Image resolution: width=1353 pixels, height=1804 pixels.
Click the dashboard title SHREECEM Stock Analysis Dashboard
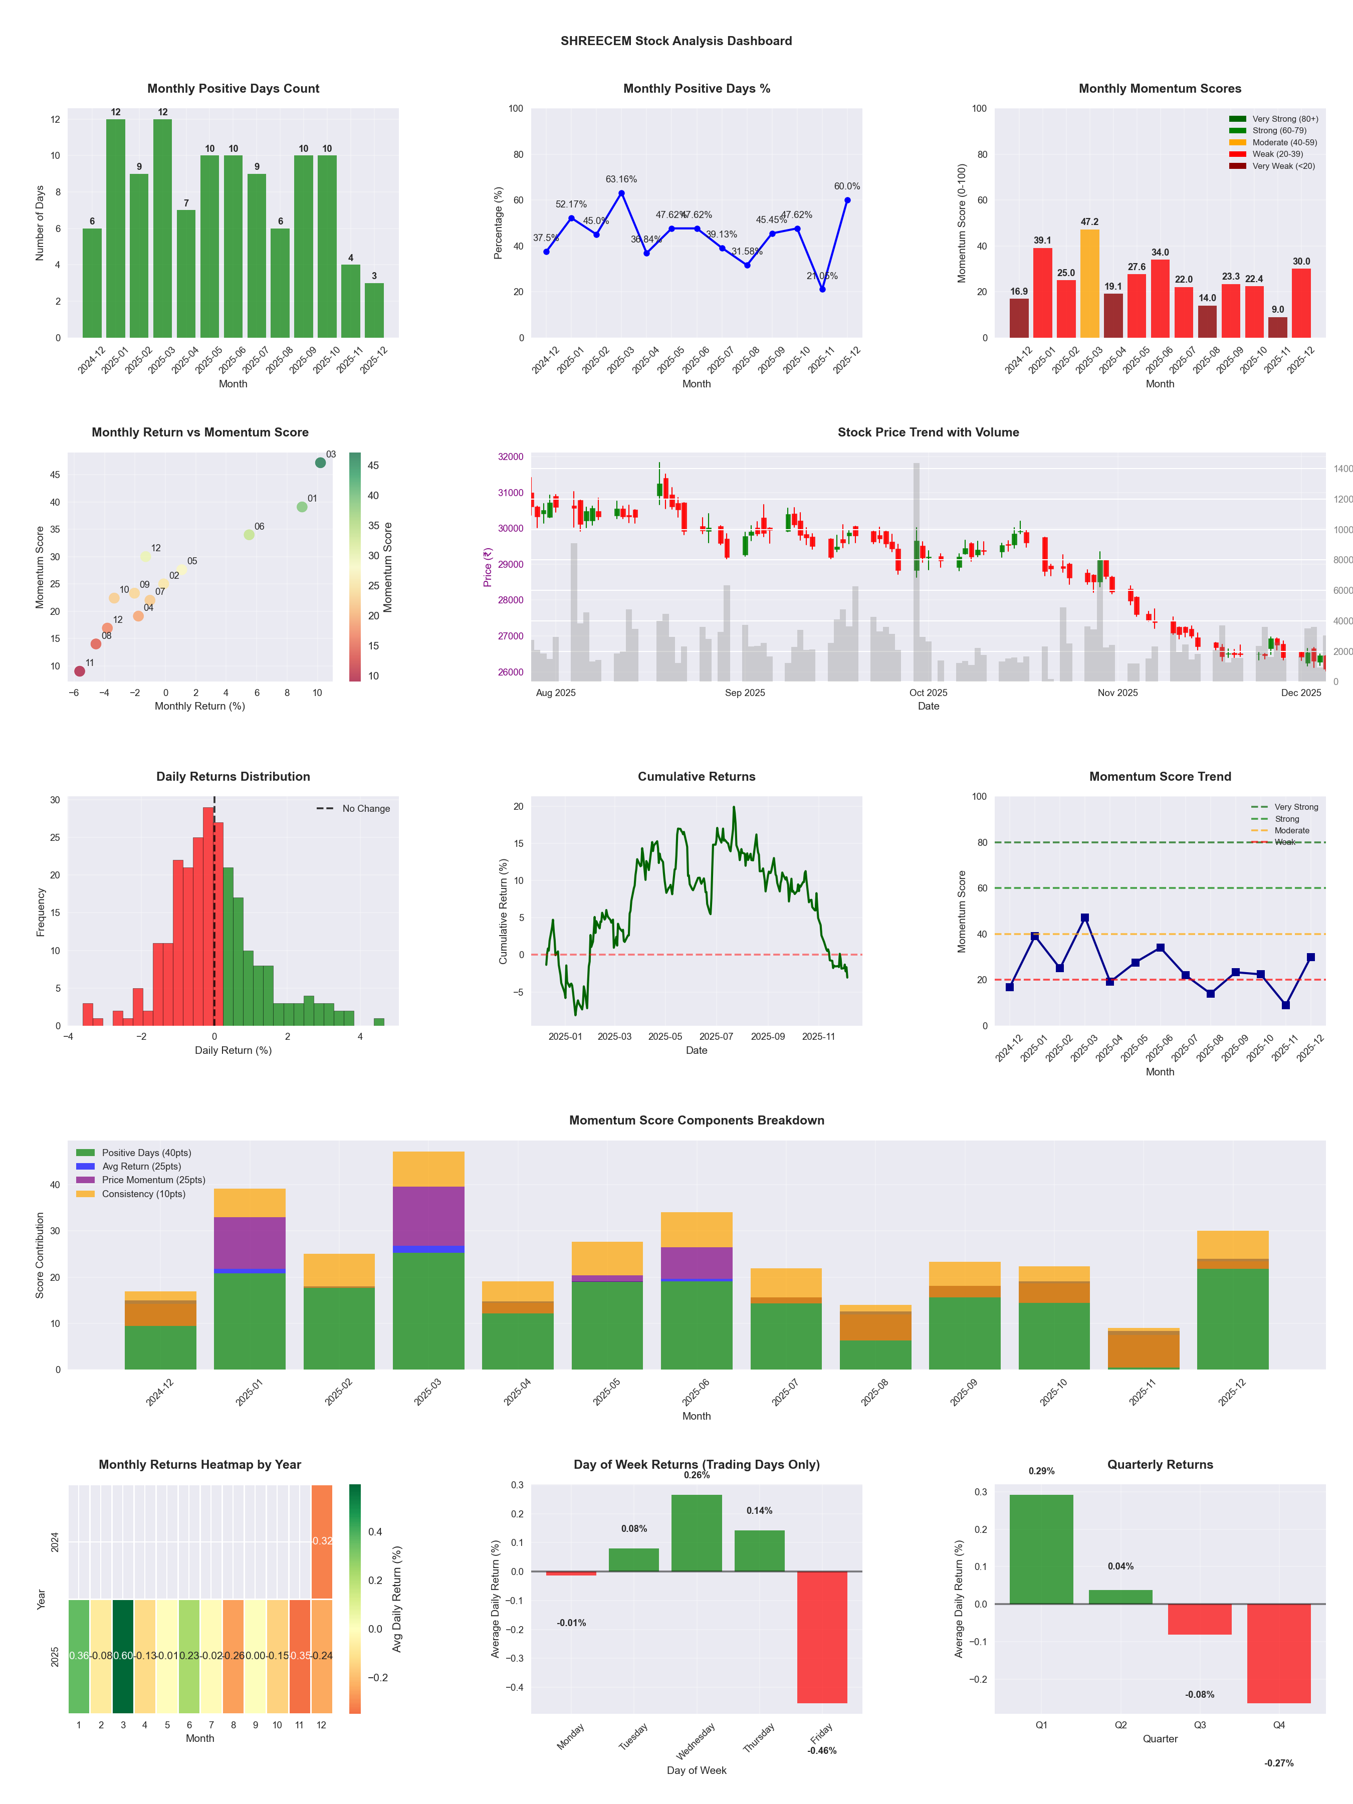tap(676, 41)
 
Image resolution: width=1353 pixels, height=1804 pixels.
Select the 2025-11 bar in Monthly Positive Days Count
tap(351, 301)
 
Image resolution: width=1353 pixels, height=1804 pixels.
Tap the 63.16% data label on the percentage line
tap(621, 179)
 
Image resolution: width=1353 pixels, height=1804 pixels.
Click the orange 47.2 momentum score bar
tap(1089, 284)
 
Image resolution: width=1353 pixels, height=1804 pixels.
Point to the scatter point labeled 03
tap(321, 463)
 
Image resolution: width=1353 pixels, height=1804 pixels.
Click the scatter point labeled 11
tap(79, 671)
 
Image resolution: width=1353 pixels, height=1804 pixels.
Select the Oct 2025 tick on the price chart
tap(928, 693)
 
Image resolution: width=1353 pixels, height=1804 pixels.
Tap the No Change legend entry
tap(365, 809)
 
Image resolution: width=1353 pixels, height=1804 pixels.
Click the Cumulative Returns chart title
tap(697, 776)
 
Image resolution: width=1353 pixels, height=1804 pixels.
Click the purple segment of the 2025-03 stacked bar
tap(428, 1216)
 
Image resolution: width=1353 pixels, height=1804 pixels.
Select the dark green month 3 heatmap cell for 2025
tap(123, 1656)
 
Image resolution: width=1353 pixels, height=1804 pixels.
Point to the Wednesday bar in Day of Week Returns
tap(697, 1533)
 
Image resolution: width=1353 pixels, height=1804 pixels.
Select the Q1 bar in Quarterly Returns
tap(1041, 1549)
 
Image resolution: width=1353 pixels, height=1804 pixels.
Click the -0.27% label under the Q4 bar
tap(1279, 1763)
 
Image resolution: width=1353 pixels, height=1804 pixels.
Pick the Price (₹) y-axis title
tap(488, 567)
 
